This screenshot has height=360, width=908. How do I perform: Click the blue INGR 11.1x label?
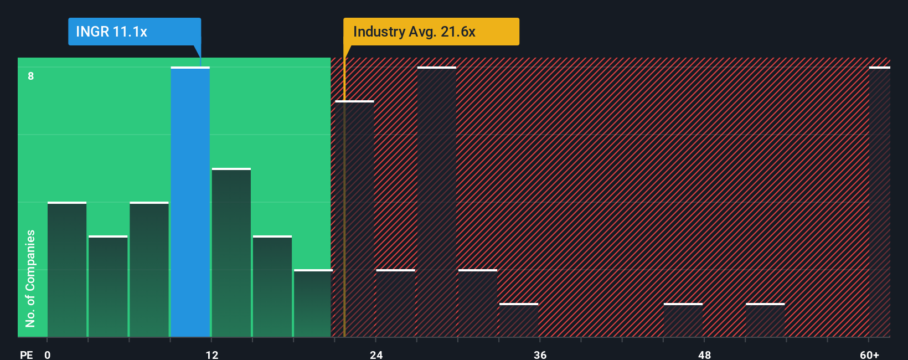point(134,32)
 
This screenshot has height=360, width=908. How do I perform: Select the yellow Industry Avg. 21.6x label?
point(431,32)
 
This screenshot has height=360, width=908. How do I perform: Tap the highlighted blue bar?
point(190,202)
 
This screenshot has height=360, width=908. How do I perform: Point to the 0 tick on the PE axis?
point(48,354)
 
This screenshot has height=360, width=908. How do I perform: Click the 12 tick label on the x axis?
point(212,354)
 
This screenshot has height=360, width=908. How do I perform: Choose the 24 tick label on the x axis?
point(376,354)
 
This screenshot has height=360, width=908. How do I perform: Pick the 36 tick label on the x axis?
point(540,354)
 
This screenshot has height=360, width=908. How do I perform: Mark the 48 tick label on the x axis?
point(704,354)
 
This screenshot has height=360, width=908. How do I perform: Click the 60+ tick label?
point(869,354)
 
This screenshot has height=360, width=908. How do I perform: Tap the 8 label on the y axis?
point(31,76)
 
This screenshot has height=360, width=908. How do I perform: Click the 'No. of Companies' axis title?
point(30,278)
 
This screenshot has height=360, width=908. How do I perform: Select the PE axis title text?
point(26,354)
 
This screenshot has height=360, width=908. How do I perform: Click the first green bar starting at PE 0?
point(67,270)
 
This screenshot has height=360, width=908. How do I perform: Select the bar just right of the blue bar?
point(231,253)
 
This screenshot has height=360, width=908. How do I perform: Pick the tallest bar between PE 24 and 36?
point(437,202)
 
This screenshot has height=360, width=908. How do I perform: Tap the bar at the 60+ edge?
point(879,202)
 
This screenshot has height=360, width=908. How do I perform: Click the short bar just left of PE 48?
point(683,321)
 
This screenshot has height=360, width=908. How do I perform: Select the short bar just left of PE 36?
point(519,321)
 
